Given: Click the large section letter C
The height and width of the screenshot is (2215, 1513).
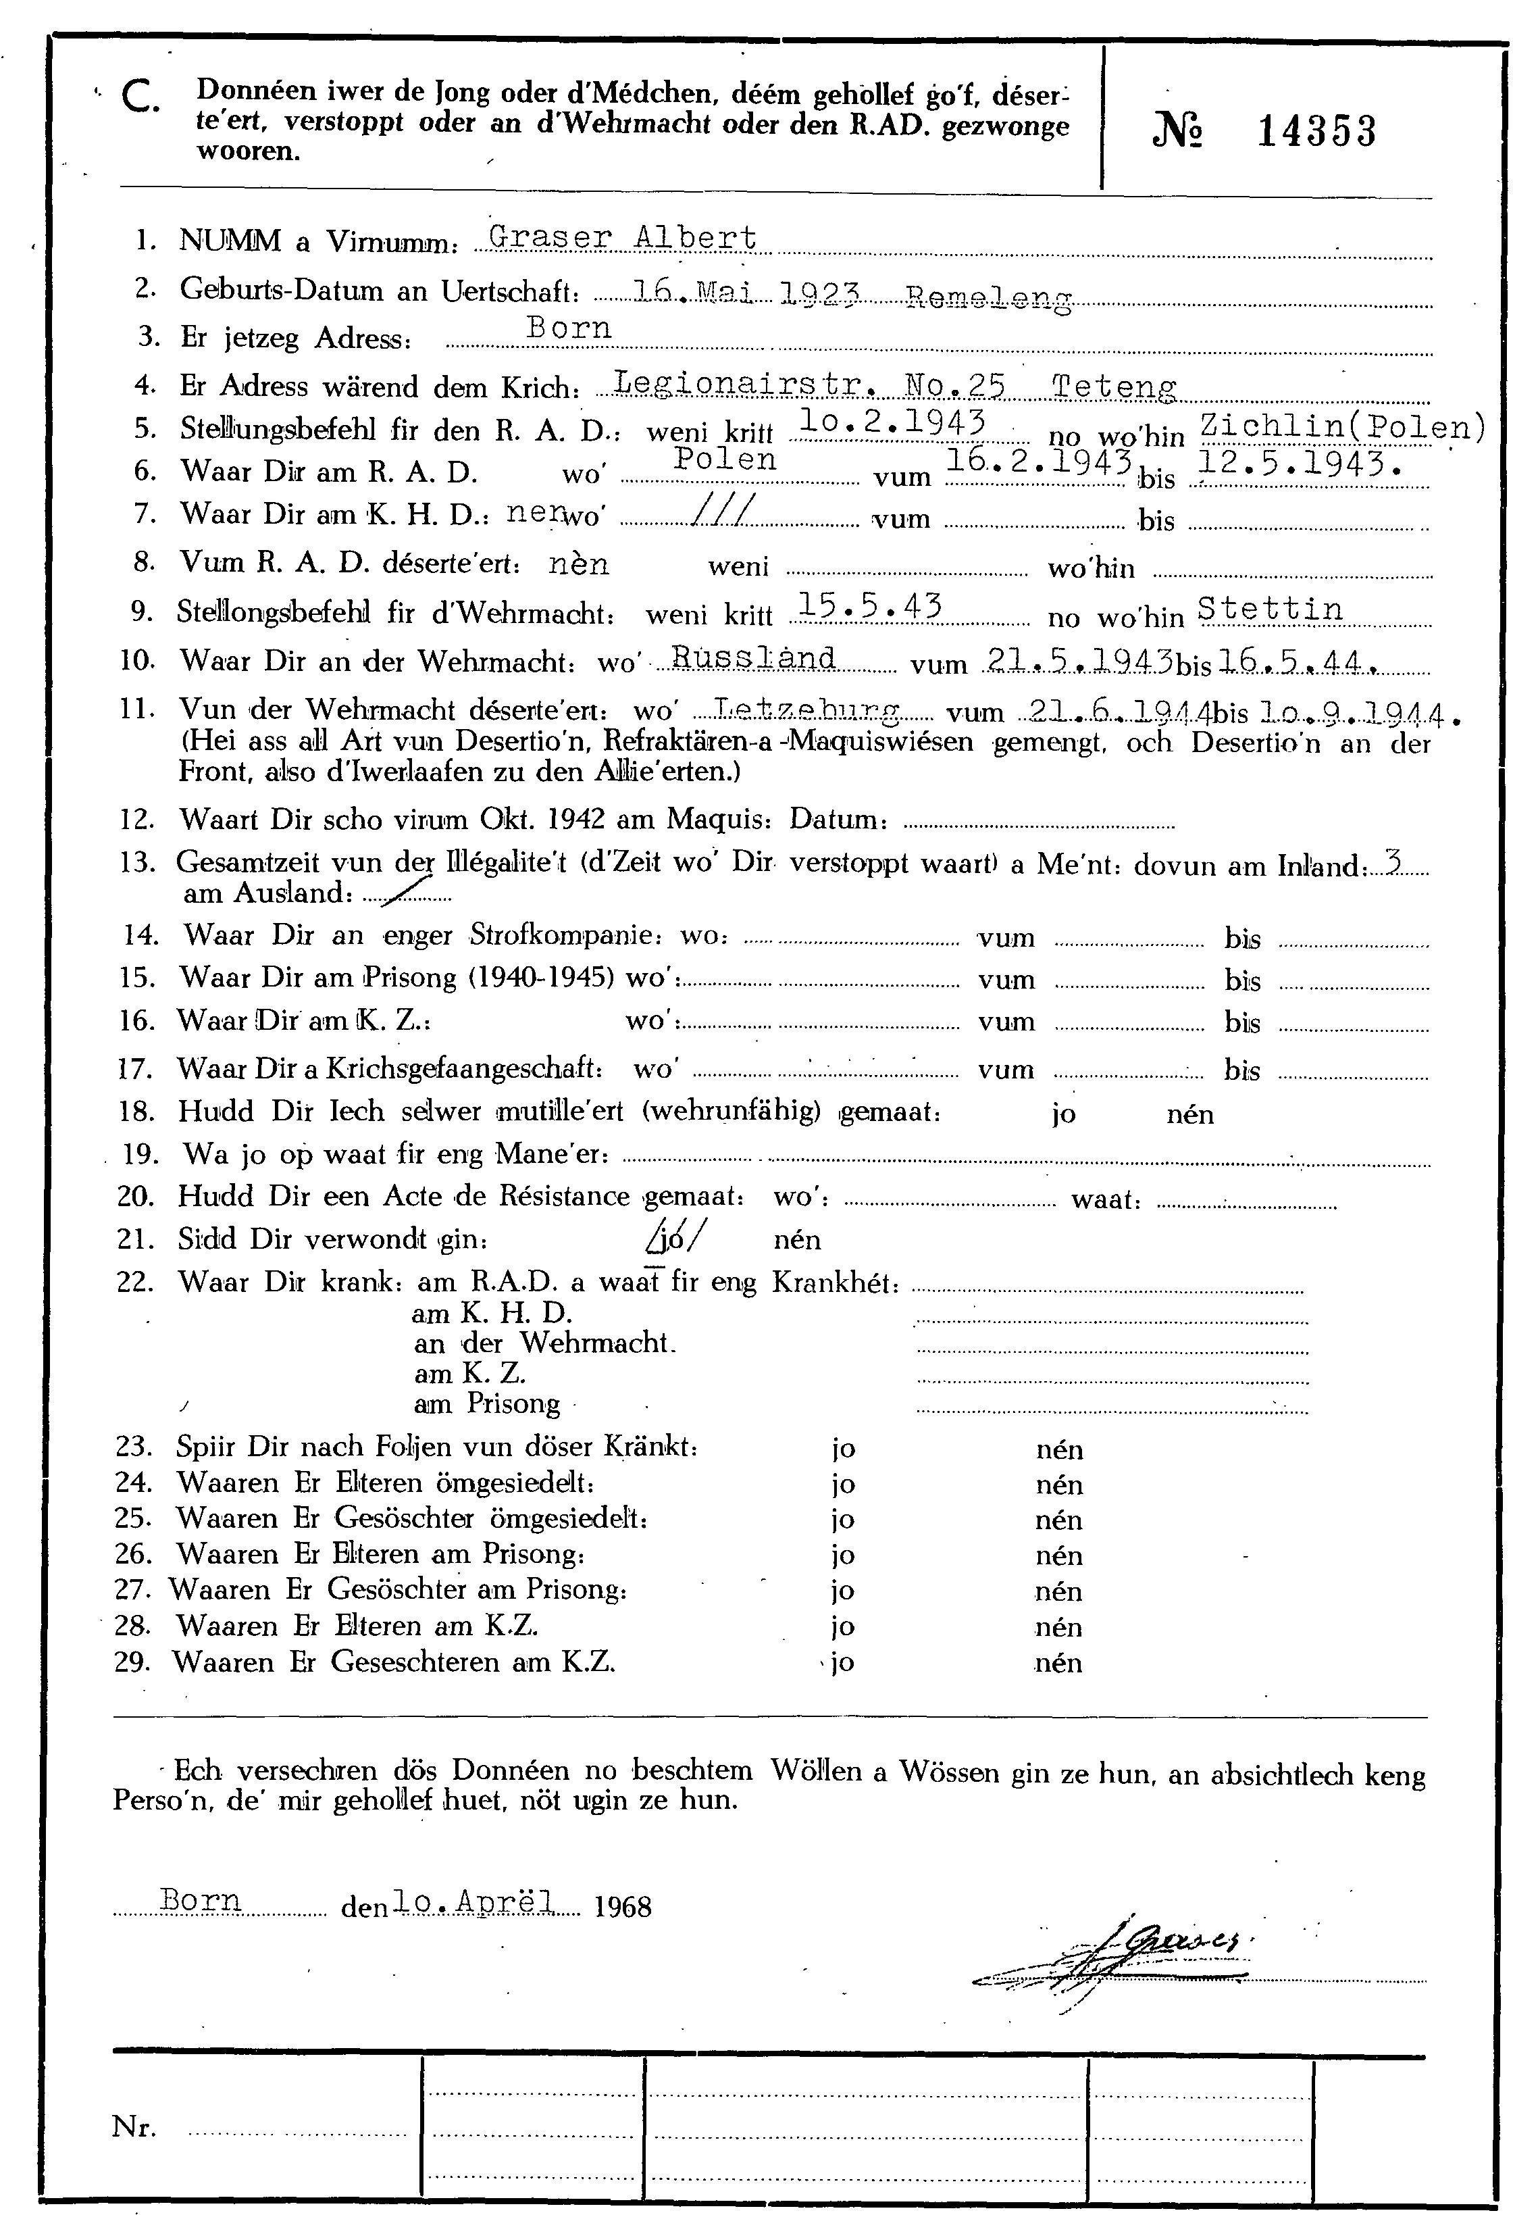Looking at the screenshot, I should (141, 97).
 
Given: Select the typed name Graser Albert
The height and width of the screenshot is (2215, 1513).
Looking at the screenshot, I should (622, 237).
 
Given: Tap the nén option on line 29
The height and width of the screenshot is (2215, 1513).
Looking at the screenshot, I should (1058, 1662).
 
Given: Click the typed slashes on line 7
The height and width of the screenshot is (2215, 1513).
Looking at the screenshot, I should (725, 511).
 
